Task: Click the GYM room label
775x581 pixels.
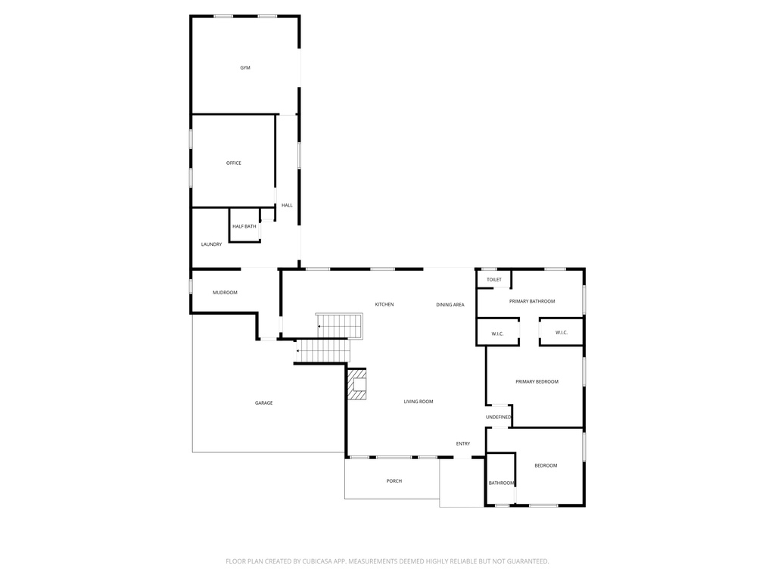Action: (245, 68)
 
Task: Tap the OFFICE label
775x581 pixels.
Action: (234, 163)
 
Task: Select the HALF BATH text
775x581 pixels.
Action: (244, 226)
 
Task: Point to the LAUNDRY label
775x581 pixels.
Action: (211, 244)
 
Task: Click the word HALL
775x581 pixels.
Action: (287, 205)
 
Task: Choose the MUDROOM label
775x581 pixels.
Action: (225, 293)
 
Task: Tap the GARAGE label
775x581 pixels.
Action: (263, 403)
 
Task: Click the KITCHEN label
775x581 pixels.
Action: (384, 304)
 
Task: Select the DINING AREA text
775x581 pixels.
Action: (450, 304)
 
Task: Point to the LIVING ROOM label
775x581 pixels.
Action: (419, 402)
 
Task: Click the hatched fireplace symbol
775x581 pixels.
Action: (356, 384)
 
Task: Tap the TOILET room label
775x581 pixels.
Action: (494, 280)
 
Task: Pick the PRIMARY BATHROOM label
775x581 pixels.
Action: (532, 301)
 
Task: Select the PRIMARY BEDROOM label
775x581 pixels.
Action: (537, 382)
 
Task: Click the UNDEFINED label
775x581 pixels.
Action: (499, 417)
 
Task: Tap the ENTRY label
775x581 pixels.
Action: (463, 443)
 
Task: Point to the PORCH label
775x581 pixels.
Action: (394, 481)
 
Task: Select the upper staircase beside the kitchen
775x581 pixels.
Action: (340, 326)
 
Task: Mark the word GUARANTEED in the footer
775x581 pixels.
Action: (522, 561)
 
